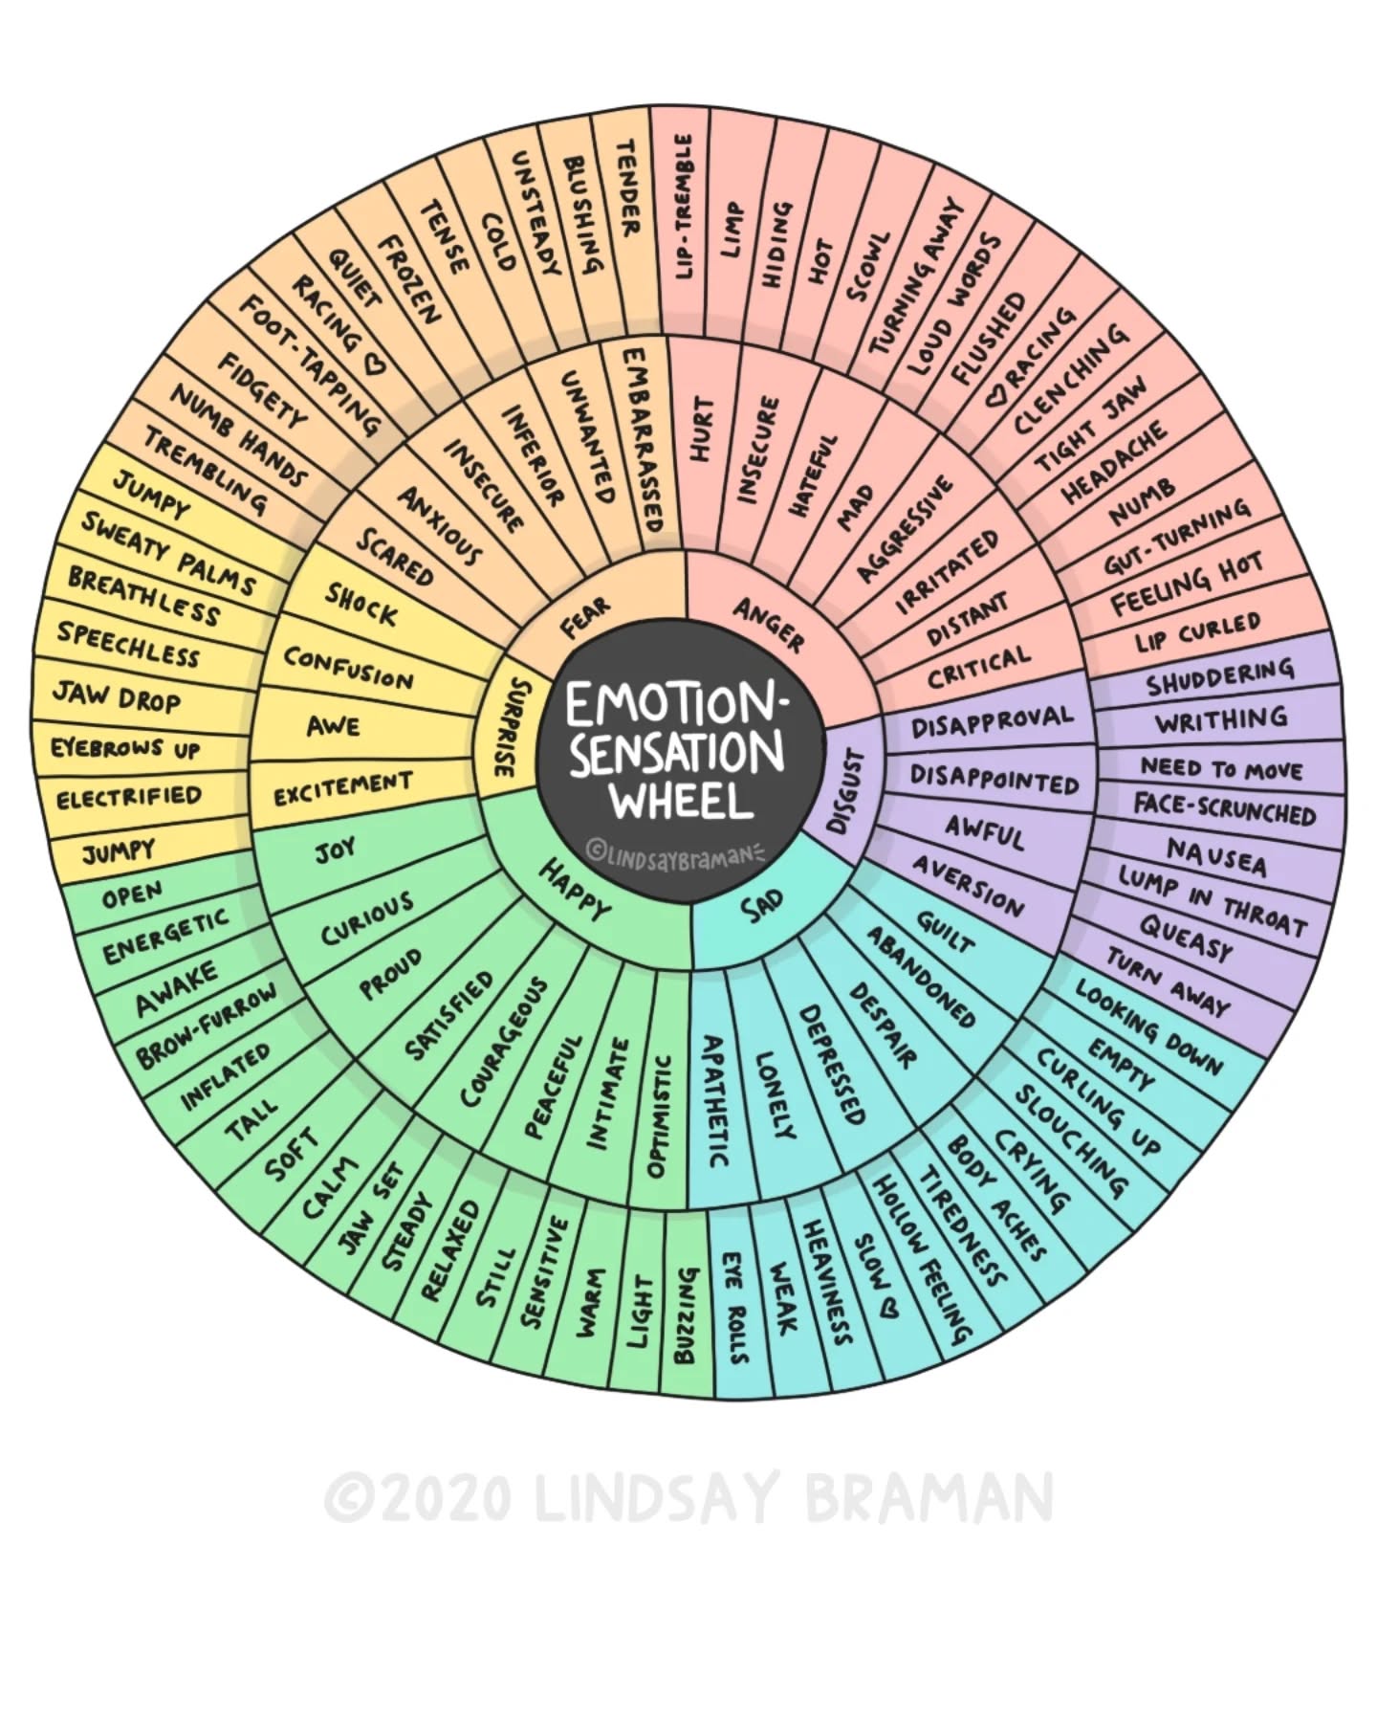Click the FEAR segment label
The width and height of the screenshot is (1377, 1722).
pyautogui.click(x=585, y=617)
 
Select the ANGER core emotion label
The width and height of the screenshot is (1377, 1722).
pyautogui.click(x=769, y=623)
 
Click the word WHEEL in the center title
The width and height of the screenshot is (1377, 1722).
pyautogui.click(x=682, y=800)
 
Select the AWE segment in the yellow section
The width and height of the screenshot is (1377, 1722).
pyautogui.click(x=334, y=727)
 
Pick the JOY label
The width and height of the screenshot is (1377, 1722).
pyautogui.click(x=336, y=849)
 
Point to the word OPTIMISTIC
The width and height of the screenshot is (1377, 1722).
pyautogui.click(x=659, y=1115)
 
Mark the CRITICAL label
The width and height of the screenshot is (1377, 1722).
pyautogui.click(x=978, y=667)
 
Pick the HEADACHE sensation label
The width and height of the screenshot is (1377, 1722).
pyautogui.click(x=1114, y=462)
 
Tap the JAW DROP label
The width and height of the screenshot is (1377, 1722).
pyautogui.click(x=116, y=695)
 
